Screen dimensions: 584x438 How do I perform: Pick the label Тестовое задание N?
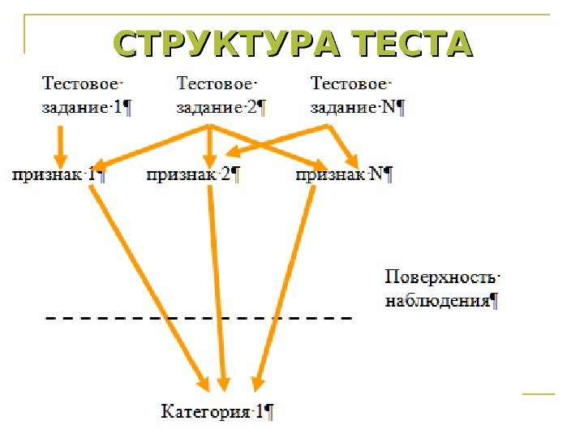click(357, 95)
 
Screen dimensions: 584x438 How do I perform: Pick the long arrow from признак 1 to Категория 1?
click(150, 284)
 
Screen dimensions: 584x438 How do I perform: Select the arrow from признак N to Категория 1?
click(284, 284)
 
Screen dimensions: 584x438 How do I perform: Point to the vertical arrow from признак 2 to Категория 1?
click(218, 284)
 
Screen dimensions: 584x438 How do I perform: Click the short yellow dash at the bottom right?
click(539, 394)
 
